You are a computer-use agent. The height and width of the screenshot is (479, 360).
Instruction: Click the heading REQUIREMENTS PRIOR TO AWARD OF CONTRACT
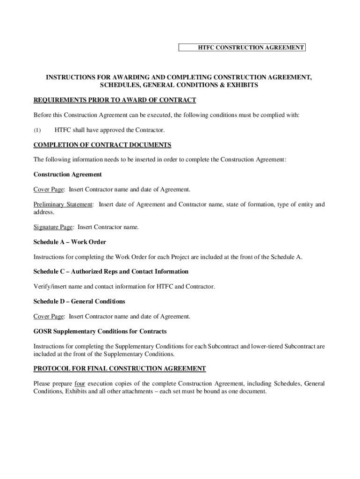coord(115,100)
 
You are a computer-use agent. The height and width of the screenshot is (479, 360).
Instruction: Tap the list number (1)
coord(37,130)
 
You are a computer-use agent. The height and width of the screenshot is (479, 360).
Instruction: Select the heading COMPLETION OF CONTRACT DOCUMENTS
coord(102,145)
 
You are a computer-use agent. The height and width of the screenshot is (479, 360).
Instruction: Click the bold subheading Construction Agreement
coord(67,174)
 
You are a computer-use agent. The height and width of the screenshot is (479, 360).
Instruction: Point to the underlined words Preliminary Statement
coord(63,204)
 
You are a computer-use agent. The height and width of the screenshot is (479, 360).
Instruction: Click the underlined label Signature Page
coord(53,227)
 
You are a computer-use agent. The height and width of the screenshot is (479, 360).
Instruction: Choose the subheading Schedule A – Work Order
coord(70,242)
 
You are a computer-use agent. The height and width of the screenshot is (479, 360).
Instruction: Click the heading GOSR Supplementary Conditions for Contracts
coord(100,332)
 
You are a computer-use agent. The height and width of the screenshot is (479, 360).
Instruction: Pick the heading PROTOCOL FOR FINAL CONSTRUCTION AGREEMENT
coord(119,369)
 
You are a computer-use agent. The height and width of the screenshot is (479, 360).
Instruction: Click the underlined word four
coord(79,384)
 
